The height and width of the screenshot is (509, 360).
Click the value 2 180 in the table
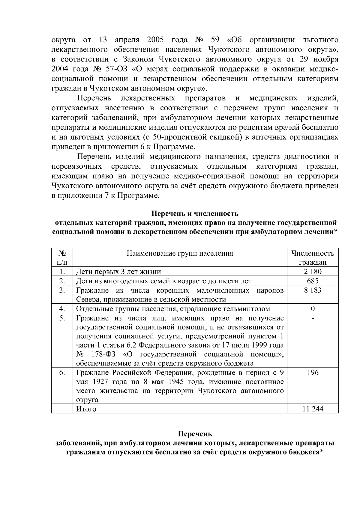pyautogui.click(x=312, y=272)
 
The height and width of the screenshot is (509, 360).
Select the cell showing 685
pyautogui.click(x=312, y=281)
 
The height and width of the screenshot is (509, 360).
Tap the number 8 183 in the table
pyautogui.click(x=312, y=290)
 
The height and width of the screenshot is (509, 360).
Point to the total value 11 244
pyautogui.click(x=312, y=409)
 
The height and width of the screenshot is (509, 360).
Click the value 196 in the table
pyautogui.click(x=313, y=372)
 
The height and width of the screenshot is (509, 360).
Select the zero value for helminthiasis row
pyautogui.click(x=313, y=308)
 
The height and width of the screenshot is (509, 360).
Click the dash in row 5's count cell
pyautogui.click(x=313, y=319)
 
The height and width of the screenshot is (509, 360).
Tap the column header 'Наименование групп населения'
pyautogui.click(x=180, y=253)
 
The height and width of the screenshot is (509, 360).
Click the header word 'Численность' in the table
pyautogui.click(x=313, y=253)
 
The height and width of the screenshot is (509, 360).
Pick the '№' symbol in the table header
pyautogui.click(x=62, y=253)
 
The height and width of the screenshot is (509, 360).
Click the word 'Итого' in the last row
pyautogui.click(x=86, y=409)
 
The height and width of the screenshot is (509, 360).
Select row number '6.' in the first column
pyautogui.click(x=62, y=372)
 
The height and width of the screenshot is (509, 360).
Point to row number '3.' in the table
pyautogui.click(x=62, y=290)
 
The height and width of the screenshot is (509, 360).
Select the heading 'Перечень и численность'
pyautogui.click(x=195, y=213)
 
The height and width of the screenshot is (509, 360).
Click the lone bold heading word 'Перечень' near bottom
pyautogui.click(x=195, y=433)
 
